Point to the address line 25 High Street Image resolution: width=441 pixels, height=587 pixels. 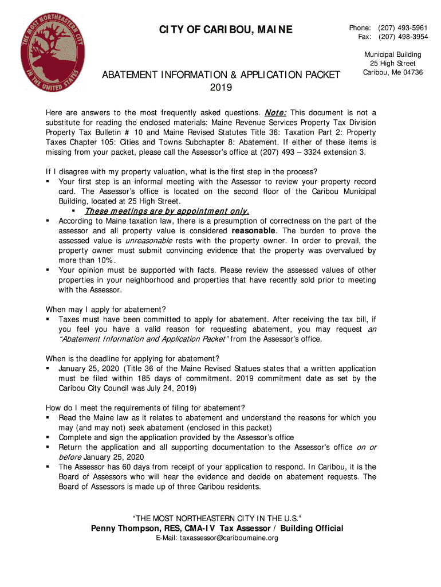point(392,63)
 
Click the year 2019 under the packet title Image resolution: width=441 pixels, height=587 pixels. point(220,88)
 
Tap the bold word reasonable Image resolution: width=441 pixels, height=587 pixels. point(255,230)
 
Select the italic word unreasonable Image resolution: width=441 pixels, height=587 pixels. point(149,241)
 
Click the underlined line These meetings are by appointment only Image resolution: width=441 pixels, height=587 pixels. point(167,211)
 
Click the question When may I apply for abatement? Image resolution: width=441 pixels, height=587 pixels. point(106,309)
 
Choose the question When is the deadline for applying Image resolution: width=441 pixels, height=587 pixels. point(132,359)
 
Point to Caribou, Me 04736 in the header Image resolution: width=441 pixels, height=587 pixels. point(393,72)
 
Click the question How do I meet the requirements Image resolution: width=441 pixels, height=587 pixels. point(145,408)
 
